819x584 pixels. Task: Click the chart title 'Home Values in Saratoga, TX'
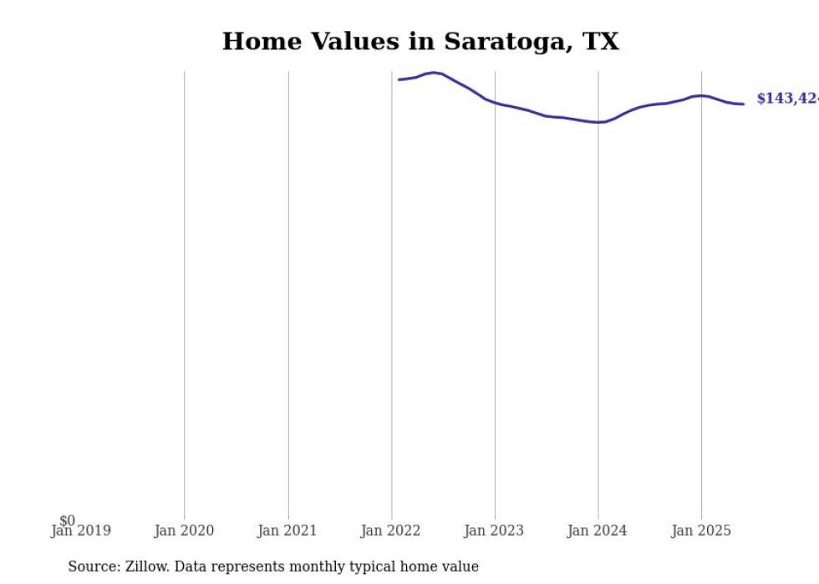[420, 42]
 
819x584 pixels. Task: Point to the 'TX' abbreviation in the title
[600, 42]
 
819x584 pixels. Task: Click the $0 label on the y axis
[67, 521]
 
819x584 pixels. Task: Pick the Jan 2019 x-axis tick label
[81, 531]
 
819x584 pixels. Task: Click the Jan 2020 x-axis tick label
[184, 531]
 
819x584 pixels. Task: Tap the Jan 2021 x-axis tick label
[287, 531]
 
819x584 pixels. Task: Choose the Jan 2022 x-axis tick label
[391, 531]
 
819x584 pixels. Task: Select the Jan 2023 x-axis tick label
[495, 531]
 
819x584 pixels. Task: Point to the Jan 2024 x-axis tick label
[598, 531]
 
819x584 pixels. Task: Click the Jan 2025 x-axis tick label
[701, 531]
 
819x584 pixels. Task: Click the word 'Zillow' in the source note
[147, 566]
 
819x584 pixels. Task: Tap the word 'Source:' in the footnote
[94, 566]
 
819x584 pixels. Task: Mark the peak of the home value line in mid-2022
[433, 73]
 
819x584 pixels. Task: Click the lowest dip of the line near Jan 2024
[598, 122]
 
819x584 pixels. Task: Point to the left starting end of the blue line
[399, 79]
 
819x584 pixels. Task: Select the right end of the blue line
[743, 104]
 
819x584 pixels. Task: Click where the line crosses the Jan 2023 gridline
[495, 103]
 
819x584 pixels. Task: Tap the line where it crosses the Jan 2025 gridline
[701, 95]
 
